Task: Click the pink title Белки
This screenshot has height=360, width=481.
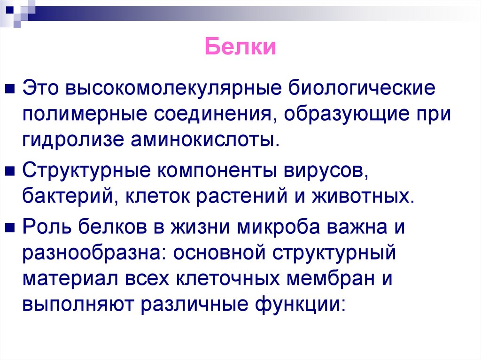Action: [x=240, y=48]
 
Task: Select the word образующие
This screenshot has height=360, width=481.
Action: [x=363, y=115]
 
